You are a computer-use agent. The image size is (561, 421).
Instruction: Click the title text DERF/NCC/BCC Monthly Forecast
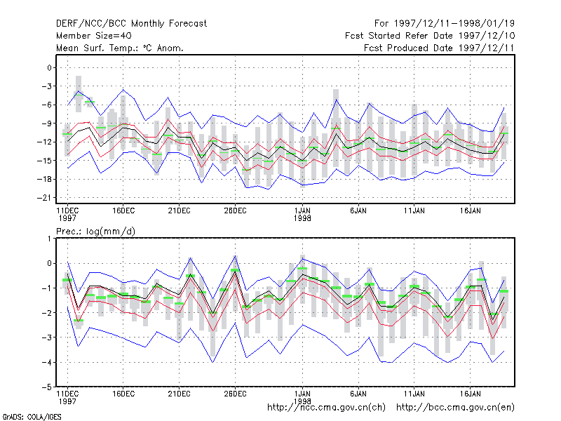coord(131,24)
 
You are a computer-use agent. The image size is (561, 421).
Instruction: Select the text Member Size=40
coord(94,36)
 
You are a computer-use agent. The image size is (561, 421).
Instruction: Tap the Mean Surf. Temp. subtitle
coord(120,48)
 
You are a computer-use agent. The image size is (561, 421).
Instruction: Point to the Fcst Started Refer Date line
coord(430,36)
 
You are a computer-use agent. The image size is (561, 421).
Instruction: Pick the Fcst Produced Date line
coord(439,48)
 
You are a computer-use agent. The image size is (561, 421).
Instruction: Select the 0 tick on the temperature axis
coord(49,67)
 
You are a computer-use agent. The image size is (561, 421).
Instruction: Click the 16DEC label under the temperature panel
coord(123,210)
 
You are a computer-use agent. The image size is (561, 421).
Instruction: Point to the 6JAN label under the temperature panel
coord(358,210)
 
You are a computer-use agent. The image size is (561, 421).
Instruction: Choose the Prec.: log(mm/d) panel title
coord(95,232)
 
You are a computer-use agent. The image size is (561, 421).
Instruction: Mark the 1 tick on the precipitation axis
coord(49,239)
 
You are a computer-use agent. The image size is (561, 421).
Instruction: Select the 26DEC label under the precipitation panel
coord(235,394)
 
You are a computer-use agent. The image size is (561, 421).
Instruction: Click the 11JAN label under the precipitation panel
coord(414,394)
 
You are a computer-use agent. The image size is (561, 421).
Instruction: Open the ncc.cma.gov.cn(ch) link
coord(326,408)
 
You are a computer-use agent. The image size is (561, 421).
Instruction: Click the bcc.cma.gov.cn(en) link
coord(455,408)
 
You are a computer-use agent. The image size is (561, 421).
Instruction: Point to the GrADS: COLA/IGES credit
coord(32,417)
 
